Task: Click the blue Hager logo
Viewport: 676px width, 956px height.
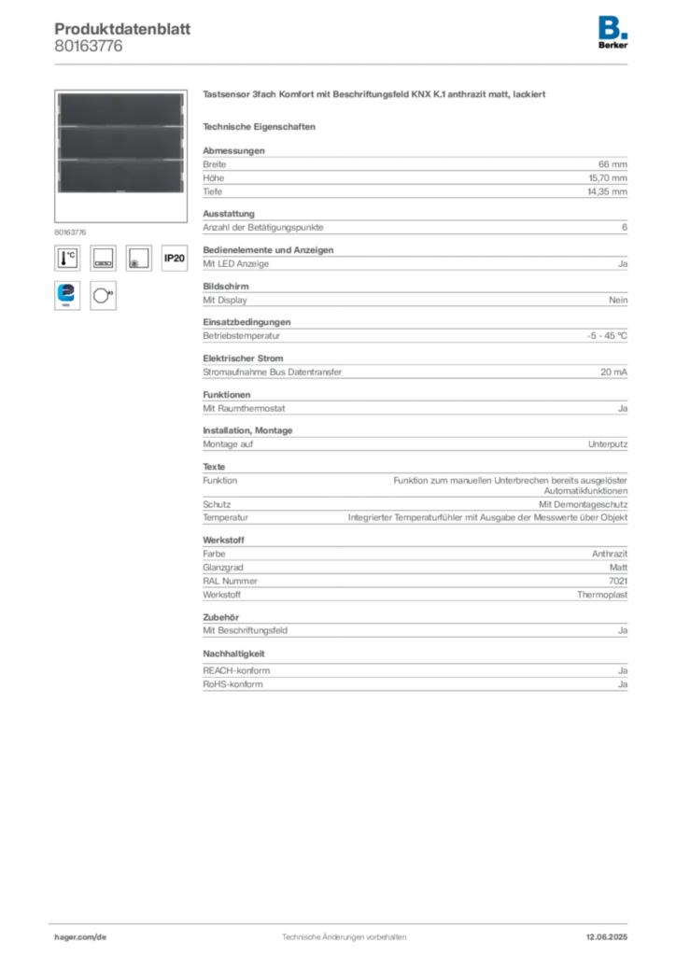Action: pyautogui.click(x=613, y=26)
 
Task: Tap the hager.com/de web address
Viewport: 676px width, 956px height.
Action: pyautogui.click(x=81, y=935)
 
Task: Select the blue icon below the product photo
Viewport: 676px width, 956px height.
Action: pyautogui.click(x=67, y=294)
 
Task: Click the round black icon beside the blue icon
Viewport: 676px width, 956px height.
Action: pyautogui.click(x=103, y=294)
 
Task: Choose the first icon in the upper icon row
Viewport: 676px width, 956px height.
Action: pyautogui.click(x=67, y=258)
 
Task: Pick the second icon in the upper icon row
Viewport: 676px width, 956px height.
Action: pyautogui.click(x=103, y=258)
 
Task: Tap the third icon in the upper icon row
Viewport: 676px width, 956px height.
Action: pyautogui.click(x=138, y=258)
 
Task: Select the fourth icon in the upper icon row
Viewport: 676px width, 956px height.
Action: pyautogui.click(x=174, y=258)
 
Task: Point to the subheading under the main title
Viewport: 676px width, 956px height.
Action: pyautogui.click(x=261, y=126)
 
